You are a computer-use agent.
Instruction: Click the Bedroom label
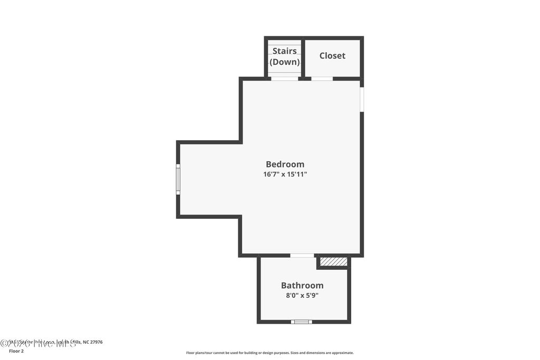[x=285, y=164]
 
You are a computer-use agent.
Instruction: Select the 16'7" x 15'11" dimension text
[x=285, y=174]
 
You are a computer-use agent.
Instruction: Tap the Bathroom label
[x=302, y=285]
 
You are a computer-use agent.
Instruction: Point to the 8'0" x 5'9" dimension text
[x=302, y=296]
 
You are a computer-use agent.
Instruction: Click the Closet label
[x=332, y=55]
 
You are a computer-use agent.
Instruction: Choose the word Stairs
[x=284, y=51]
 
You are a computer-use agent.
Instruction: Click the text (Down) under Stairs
[x=285, y=62]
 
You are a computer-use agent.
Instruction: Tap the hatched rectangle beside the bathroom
[x=334, y=261]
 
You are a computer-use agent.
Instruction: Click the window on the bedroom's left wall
[x=178, y=179]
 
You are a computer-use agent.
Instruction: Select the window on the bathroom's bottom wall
[x=302, y=322]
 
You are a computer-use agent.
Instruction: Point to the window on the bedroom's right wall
[x=362, y=99]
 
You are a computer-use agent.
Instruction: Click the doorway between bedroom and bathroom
[x=302, y=256]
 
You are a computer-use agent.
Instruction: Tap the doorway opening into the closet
[x=322, y=79]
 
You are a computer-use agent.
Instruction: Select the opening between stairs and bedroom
[x=285, y=79]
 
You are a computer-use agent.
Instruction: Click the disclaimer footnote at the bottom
[x=269, y=353]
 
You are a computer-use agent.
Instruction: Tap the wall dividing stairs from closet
[x=303, y=58]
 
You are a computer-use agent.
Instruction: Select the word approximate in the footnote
[x=341, y=353]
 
